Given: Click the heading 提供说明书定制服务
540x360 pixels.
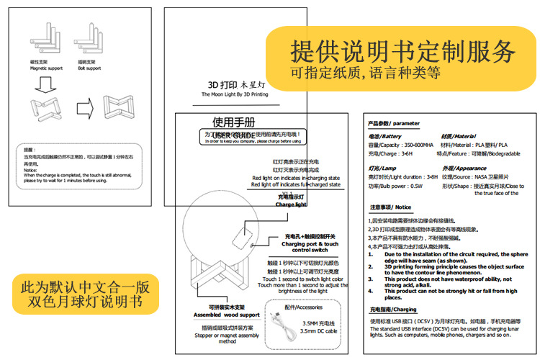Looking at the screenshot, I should point(403,51).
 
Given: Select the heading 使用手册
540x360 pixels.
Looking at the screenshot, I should point(233,122).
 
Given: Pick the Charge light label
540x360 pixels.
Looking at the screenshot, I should point(291,204).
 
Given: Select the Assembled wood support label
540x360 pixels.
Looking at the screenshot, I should point(228,315).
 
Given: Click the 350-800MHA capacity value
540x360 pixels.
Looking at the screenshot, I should point(418,145).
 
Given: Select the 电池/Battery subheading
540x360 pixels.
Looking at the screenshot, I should point(384,136).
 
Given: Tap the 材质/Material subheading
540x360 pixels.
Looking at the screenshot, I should point(458,136).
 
